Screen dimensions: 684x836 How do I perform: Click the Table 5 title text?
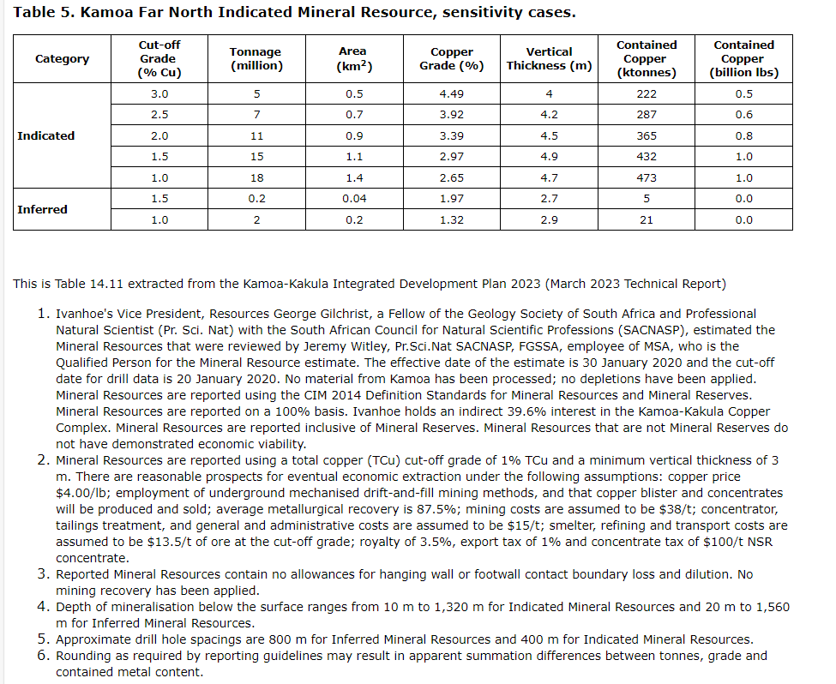[294, 13]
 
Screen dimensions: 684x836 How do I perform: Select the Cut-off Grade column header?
[159, 58]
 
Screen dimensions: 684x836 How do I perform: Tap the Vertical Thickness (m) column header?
[549, 58]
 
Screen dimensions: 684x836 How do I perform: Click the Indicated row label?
[45, 135]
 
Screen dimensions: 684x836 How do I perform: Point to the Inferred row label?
[42, 209]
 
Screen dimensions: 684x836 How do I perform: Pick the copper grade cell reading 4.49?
[452, 93]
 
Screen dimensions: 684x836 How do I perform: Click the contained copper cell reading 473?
[647, 177]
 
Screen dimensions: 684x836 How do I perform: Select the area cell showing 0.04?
[353, 199]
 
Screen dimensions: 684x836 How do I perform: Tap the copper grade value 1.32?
[452, 219]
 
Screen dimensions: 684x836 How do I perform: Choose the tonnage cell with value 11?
[256, 135]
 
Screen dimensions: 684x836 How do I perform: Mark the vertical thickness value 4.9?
[549, 157]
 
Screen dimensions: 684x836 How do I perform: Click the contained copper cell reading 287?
[647, 115]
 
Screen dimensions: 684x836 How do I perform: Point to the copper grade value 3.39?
[452, 135]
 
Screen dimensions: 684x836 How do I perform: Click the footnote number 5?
[44, 639]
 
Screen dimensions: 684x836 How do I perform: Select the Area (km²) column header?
[353, 58]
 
